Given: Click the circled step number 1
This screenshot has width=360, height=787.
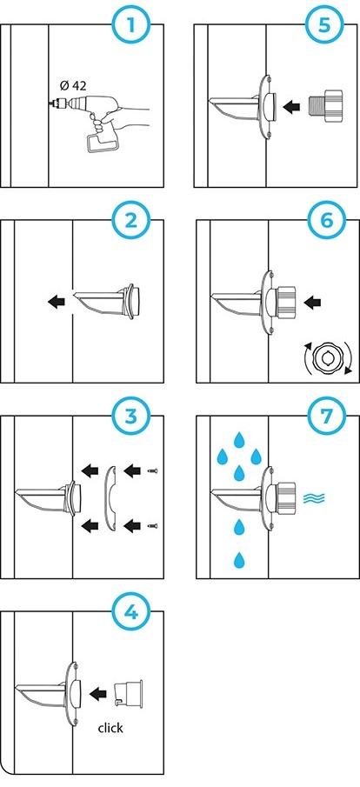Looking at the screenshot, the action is click(131, 24).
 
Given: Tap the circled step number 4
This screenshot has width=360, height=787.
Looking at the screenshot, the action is click(130, 612).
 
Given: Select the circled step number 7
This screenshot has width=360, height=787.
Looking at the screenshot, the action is click(326, 416).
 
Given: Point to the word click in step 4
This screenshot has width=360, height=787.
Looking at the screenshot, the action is click(110, 727).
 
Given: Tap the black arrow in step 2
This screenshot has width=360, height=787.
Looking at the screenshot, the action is click(57, 302).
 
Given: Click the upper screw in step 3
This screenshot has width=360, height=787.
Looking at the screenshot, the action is click(153, 470).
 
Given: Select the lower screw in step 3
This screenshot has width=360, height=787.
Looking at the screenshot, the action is click(153, 525).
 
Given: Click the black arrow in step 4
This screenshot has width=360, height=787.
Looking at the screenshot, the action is click(98, 693).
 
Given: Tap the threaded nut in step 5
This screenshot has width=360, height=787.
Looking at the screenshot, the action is click(326, 106).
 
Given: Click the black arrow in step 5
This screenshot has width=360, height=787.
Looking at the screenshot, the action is click(291, 106).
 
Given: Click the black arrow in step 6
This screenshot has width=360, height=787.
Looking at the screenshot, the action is click(313, 302).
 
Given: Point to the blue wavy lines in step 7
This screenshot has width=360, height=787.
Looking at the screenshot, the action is click(314, 498).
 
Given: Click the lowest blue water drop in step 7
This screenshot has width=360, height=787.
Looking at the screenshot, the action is click(240, 560).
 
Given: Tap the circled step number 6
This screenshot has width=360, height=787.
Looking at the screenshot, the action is click(326, 220).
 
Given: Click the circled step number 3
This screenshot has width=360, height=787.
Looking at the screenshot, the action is click(130, 416).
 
